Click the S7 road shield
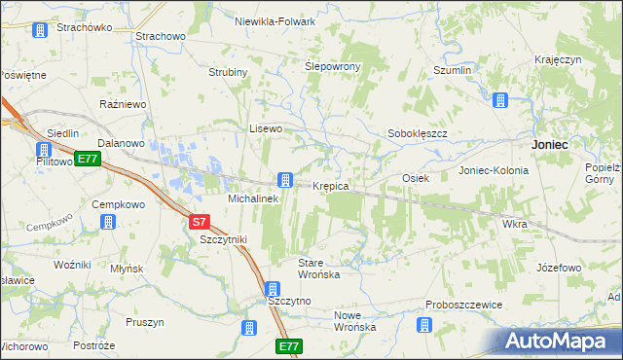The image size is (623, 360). tap(200, 222)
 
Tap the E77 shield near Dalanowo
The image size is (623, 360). tap(88, 159)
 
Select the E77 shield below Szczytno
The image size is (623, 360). tap(288, 346)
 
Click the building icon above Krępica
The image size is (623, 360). tap(284, 179)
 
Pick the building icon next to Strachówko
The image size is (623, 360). tap(39, 30)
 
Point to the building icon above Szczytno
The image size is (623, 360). tap(273, 289)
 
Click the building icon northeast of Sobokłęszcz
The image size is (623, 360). tap(500, 100)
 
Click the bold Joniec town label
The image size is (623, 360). tap(550, 143)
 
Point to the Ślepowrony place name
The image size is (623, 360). tap(333, 66)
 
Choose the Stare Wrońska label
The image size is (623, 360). tap(318, 269)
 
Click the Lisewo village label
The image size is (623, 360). tap(266, 128)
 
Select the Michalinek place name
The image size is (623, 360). tap(253, 198)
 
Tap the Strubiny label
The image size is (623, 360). tap(229, 72)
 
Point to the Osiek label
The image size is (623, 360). tap(416, 178)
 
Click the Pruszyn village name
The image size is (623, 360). tap(144, 322)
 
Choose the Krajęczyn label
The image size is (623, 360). tap(558, 60)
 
